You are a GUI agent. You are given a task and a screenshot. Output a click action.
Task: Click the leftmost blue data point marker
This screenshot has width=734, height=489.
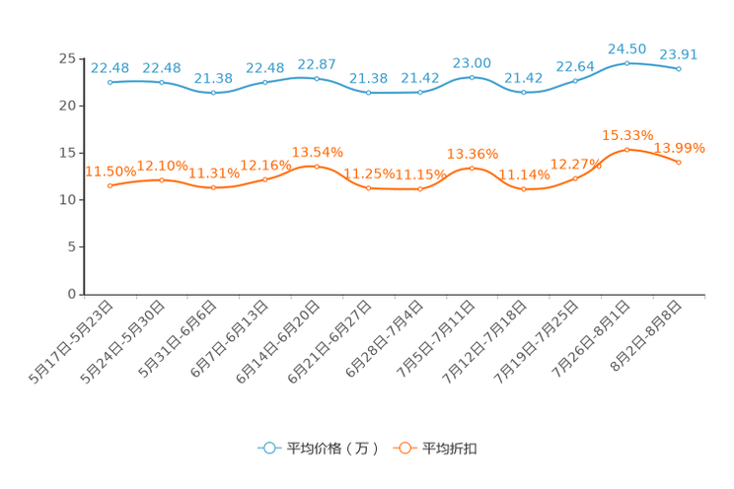point(110,83)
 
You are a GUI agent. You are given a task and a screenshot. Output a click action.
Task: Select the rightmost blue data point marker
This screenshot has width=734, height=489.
point(679,69)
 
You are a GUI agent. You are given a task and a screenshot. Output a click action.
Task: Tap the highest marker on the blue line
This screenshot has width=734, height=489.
point(626,63)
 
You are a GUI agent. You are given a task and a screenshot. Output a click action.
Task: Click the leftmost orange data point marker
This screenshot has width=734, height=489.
point(110,185)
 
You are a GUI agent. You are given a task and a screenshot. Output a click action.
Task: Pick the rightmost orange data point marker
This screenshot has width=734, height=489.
point(679,162)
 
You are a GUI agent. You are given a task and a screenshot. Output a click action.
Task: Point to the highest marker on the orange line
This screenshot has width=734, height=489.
point(627,150)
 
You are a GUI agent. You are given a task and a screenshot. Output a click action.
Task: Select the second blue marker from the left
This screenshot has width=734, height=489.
point(162,82)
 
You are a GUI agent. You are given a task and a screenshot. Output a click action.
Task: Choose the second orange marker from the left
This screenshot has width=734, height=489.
point(162,179)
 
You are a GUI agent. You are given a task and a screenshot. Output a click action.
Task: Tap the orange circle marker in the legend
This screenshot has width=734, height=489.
point(404,448)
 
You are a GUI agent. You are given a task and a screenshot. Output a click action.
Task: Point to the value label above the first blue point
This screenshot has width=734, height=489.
point(110,68)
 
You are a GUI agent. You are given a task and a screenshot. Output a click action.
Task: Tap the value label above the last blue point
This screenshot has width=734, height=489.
point(679,54)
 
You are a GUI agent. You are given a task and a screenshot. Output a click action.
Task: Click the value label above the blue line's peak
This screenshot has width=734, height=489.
point(626,48)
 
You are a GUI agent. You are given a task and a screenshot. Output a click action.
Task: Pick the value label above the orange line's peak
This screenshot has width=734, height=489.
point(627,135)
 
